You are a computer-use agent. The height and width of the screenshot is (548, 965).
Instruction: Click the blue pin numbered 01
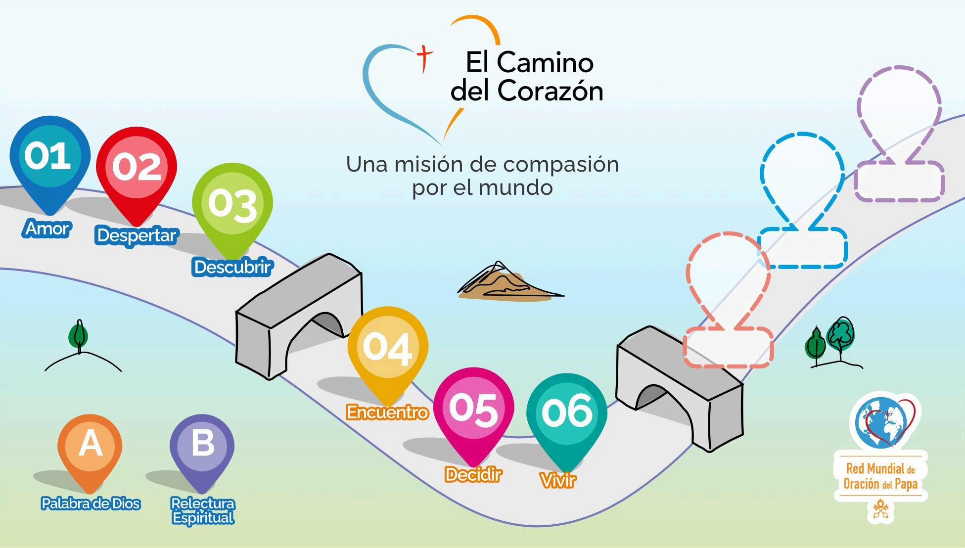(50, 158)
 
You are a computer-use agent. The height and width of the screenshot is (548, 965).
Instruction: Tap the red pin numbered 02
(137, 168)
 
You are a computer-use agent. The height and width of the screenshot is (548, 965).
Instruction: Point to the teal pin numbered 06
(567, 413)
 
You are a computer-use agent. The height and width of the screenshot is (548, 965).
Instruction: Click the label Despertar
(137, 235)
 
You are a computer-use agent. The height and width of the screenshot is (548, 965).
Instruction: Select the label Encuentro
(387, 412)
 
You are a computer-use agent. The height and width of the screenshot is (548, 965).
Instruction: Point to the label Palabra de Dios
(91, 503)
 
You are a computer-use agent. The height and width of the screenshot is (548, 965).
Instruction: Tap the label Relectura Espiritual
(202, 510)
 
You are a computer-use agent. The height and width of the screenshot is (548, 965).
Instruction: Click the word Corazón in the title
(550, 91)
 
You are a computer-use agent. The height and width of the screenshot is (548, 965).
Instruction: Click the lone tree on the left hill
(78, 336)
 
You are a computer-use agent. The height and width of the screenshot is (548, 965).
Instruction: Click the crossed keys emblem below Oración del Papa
(880, 509)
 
